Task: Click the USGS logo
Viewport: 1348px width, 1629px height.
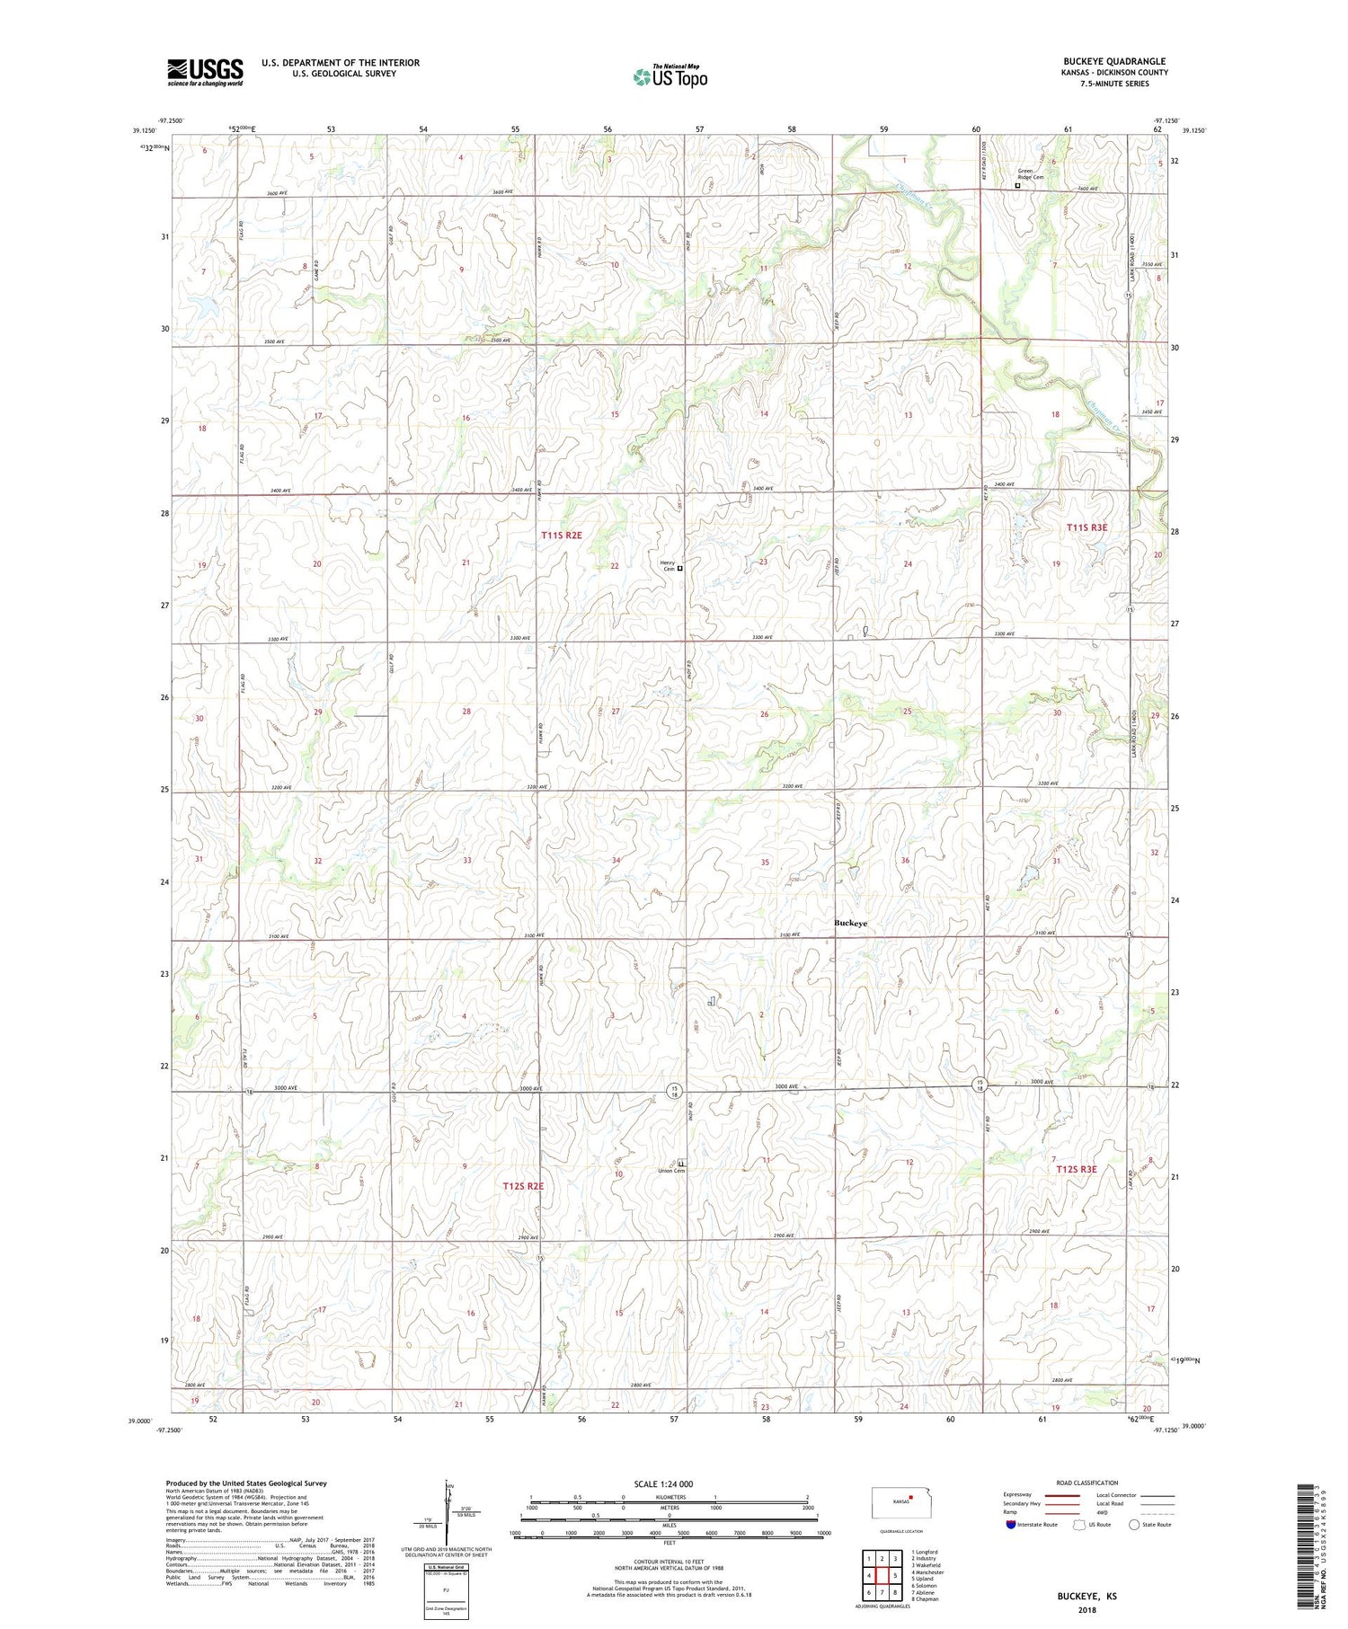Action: [205, 72]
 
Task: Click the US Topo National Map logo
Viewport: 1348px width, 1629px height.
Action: [670, 76]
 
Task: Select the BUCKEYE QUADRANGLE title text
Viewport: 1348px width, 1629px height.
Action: [1114, 61]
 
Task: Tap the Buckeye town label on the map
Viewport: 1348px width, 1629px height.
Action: [850, 923]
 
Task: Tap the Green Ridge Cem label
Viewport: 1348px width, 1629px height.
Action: [1031, 174]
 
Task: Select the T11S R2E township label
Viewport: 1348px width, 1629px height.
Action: [562, 536]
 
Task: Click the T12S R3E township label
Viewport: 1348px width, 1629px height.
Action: [1075, 1169]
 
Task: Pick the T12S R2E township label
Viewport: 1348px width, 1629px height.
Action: [523, 1186]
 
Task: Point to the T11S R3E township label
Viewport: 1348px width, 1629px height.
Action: [1086, 528]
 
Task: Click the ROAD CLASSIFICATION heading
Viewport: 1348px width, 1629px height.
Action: [1087, 1483]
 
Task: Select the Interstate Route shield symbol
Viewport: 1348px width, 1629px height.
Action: [1011, 1525]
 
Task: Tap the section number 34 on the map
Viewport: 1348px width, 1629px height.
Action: [616, 861]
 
